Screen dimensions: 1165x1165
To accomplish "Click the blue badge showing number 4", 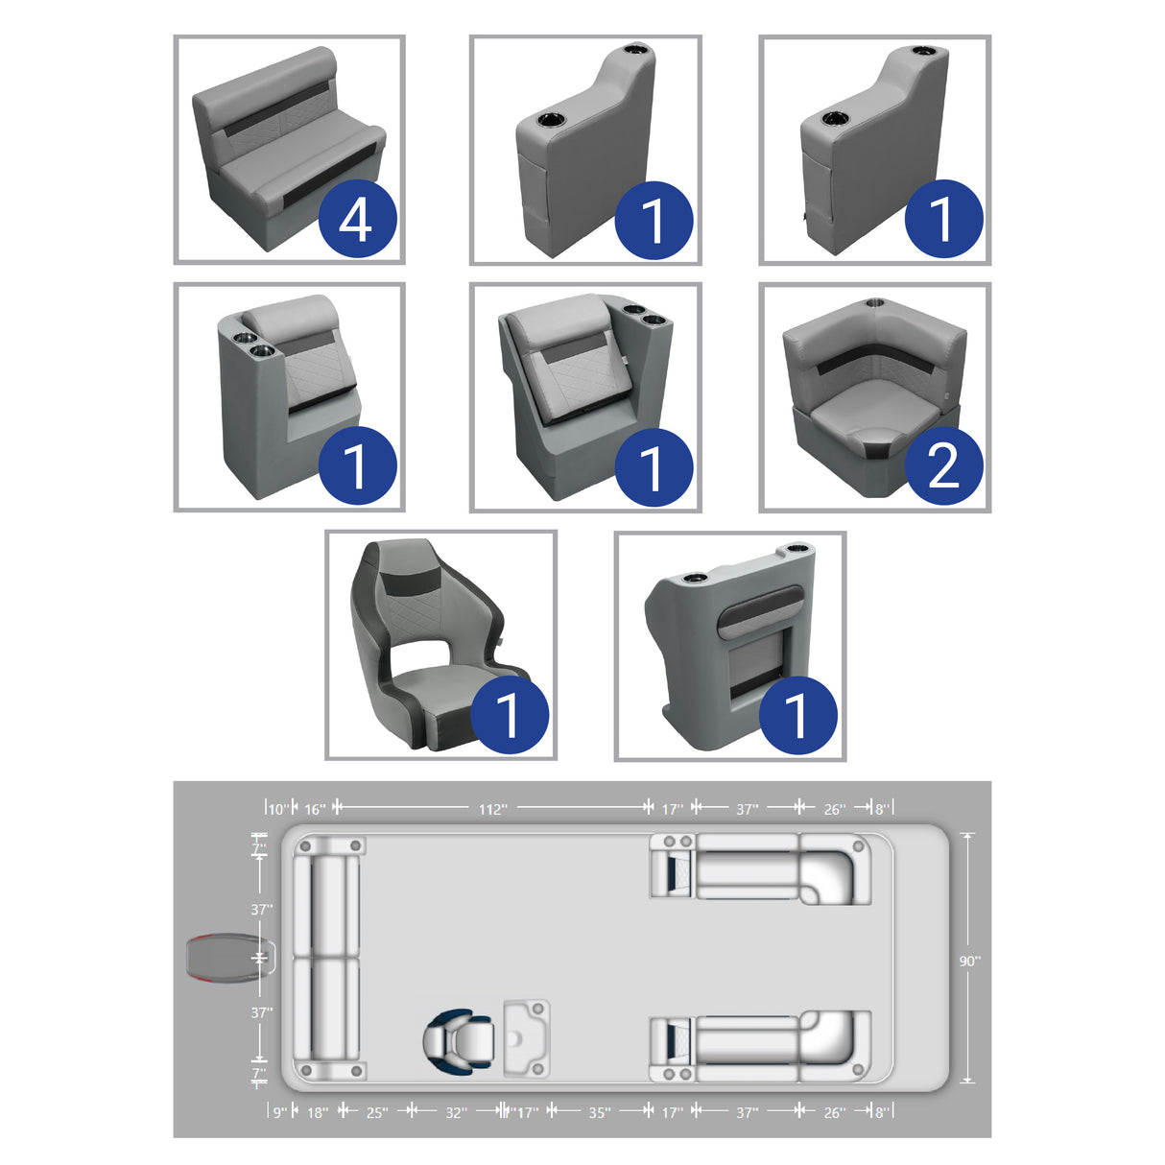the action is (357, 218).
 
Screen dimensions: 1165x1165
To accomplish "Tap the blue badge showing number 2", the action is (943, 465).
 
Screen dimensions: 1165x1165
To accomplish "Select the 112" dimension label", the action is (492, 808).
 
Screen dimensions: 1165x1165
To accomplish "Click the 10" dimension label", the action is (278, 808).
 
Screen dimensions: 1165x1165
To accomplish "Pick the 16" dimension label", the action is (315, 808).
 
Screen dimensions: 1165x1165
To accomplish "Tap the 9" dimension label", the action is (280, 1112).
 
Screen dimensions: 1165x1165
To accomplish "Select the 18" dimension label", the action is (318, 1112).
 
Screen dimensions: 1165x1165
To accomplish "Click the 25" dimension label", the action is (377, 1112).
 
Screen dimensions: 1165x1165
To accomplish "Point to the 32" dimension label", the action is (457, 1112).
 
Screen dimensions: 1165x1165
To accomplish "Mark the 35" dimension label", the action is (599, 1112).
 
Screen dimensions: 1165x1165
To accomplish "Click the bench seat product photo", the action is (289, 150).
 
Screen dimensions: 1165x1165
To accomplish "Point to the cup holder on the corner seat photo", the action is (875, 301).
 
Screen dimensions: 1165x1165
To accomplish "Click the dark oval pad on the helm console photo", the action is (758, 613).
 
